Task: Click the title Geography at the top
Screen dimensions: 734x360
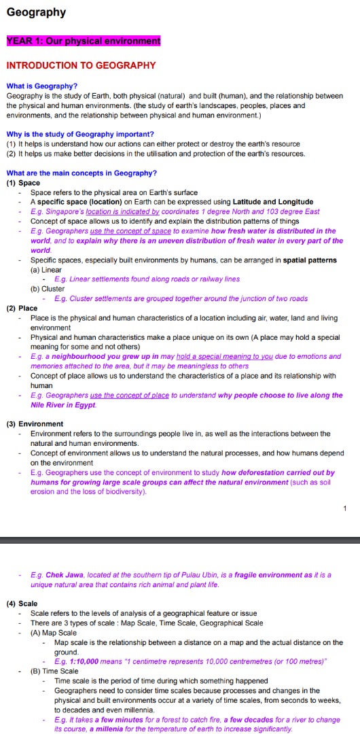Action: [36, 12]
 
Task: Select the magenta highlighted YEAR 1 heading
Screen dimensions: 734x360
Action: [84, 41]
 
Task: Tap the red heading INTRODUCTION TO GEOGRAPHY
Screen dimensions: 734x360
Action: [81, 66]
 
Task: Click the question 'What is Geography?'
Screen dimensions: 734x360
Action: [41, 86]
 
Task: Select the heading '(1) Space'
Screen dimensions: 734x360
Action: [23, 183]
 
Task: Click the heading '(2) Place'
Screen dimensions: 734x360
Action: [22, 308]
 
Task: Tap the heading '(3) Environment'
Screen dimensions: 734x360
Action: [35, 423]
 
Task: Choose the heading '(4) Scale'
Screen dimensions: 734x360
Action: [22, 603]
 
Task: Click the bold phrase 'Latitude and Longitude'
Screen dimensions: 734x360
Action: [273, 202]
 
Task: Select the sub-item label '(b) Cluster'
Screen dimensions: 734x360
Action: [48, 289]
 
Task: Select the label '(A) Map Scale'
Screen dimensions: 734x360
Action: [54, 633]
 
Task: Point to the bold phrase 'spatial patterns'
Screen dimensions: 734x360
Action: [308, 260]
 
